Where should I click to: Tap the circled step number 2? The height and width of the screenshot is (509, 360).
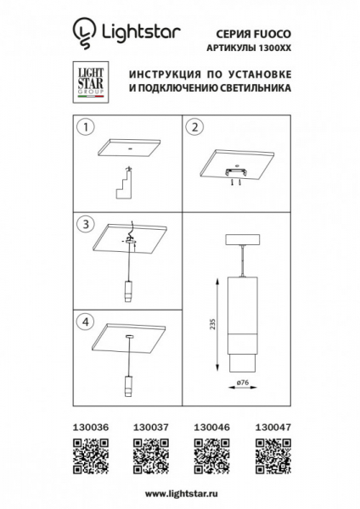pyautogui.click(x=194, y=129)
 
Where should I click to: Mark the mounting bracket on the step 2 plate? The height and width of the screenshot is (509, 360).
pyautogui.click(x=236, y=173)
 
